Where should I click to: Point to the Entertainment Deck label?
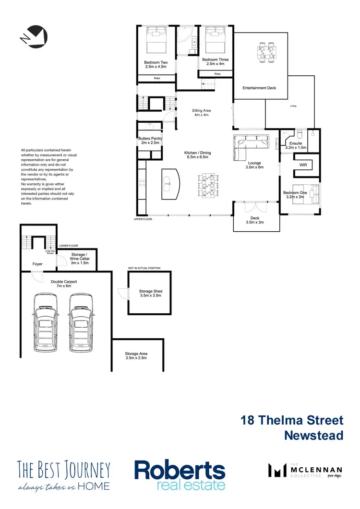tap(259, 88)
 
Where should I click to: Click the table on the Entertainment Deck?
tap(266, 51)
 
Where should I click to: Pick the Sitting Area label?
tap(201, 113)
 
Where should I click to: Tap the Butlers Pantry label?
tap(150, 141)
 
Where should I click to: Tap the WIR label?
tap(303, 165)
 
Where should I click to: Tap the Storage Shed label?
tap(150, 294)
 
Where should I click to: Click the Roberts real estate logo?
tap(180, 475)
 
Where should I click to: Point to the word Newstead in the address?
tap(314, 435)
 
